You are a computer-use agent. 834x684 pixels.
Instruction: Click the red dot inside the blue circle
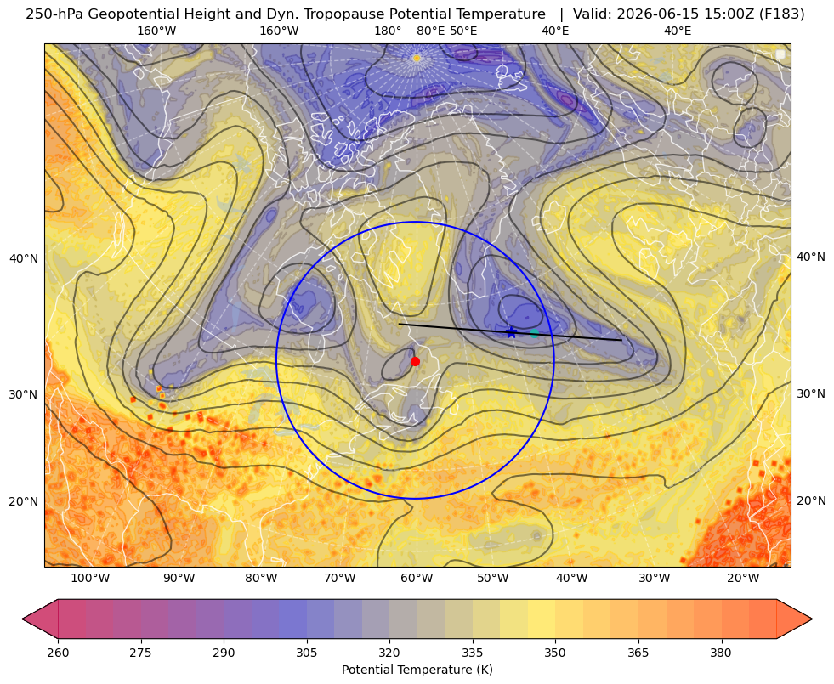(416, 361)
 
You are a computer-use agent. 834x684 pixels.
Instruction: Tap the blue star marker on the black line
(511, 333)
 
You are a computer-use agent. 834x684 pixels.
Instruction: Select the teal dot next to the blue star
(534, 333)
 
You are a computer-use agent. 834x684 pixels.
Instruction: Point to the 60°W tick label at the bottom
(417, 579)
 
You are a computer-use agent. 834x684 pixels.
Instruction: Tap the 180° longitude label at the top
(388, 31)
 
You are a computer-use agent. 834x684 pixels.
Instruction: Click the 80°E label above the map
(430, 31)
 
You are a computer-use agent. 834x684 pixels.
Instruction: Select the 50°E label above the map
(463, 31)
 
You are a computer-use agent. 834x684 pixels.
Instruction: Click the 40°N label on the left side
(24, 259)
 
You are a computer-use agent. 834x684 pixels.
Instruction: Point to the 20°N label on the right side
(811, 500)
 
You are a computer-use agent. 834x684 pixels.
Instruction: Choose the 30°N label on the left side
(24, 394)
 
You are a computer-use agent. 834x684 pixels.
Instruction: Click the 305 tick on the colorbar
(306, 653)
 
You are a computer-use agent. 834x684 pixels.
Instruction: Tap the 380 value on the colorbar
(721, 653)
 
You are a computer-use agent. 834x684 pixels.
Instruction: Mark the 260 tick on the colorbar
(58, 653)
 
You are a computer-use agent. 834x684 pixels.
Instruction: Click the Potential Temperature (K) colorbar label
(417, 670)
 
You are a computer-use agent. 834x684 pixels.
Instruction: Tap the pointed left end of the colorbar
(22, 619)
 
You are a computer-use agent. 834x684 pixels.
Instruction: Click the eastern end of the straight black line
(621, 340)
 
